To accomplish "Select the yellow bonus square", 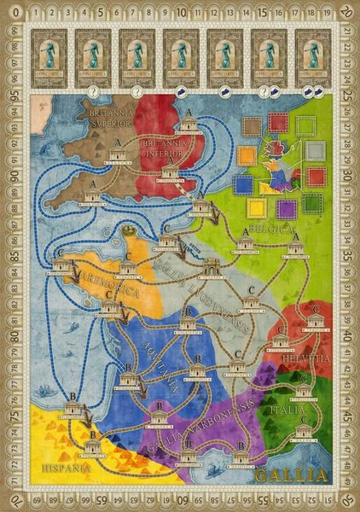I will (254, 207).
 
